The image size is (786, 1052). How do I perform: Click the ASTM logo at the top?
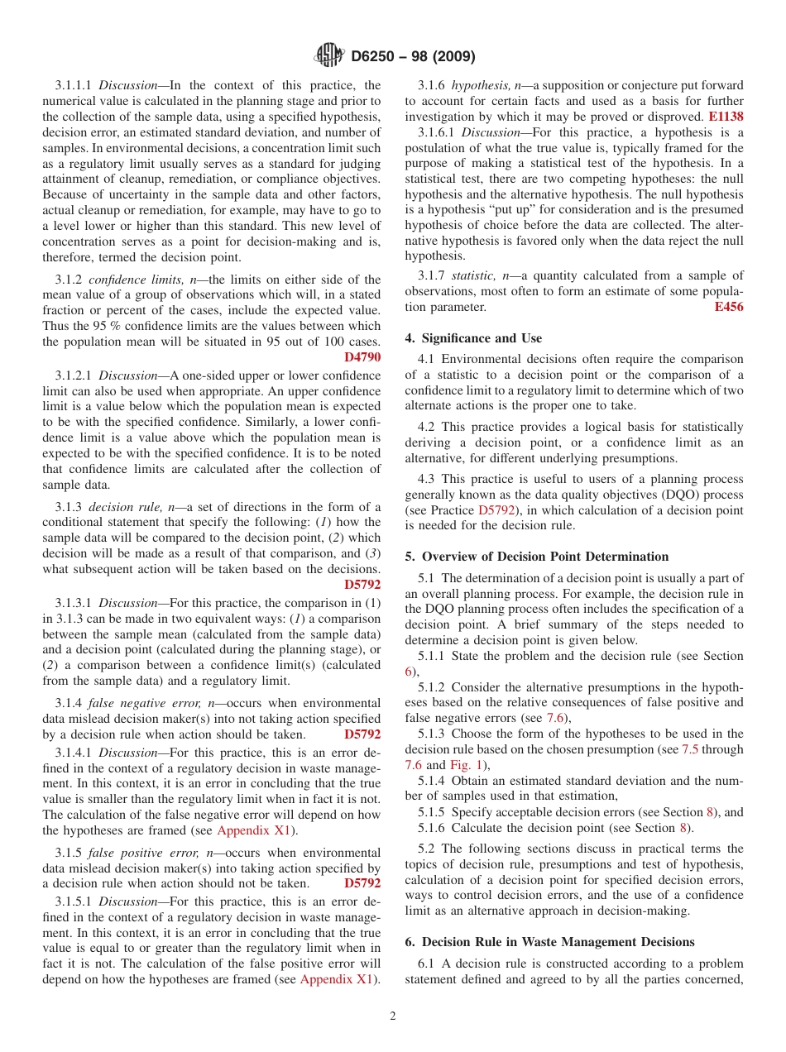click(x=328, y=56)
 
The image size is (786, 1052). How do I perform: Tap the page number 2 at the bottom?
click(x=393, y=1016)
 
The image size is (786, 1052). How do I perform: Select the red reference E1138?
click(x=726, y=117)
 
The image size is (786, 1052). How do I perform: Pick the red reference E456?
click(x=728, y=307)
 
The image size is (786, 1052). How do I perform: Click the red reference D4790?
click(x=362, y=357)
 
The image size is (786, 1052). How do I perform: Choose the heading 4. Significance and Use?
click(x=473, y=338)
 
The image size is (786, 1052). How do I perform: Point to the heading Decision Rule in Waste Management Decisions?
click(x=558, y=942)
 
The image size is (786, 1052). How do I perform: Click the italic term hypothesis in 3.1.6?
click(x=480, y=85)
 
